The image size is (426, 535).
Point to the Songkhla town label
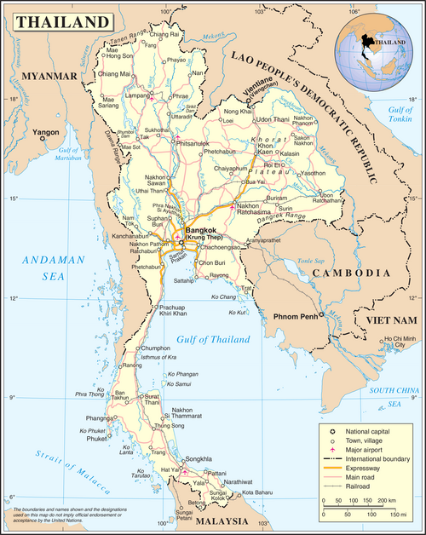pos(198,457)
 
